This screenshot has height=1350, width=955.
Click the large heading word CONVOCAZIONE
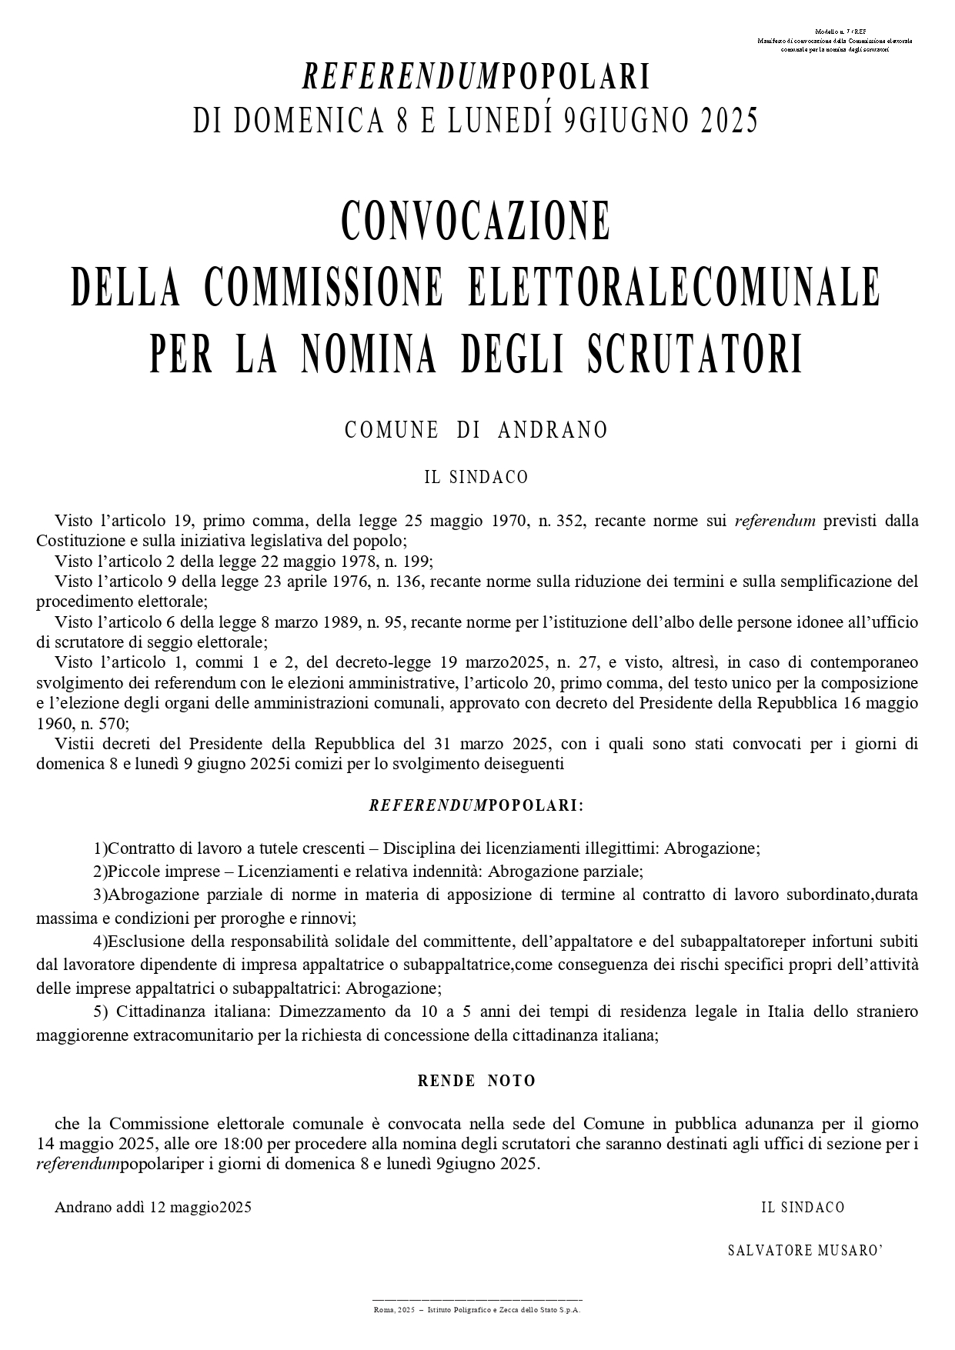pyautogui.click(x=476, y=221)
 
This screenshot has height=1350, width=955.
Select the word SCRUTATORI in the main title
pyautogui.click(x=695, y=355)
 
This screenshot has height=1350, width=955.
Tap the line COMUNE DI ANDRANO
pyautogui.click(x=476, y=430)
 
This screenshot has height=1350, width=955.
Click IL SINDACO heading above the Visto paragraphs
pyautogui.click(x=476, y=478)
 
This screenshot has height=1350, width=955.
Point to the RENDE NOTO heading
pyautogui.click(x=476, y=1081)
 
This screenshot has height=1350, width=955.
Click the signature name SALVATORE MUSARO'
pyautogui.click(x=805, y=1250)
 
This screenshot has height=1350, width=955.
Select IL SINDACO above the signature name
pyautogui.click(x=803, y=1207)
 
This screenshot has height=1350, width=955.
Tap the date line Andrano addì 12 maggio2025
pyautogui.click(x=153, y=1207)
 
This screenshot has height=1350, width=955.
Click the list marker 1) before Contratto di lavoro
pyautogui.click(x=100, y=848)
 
